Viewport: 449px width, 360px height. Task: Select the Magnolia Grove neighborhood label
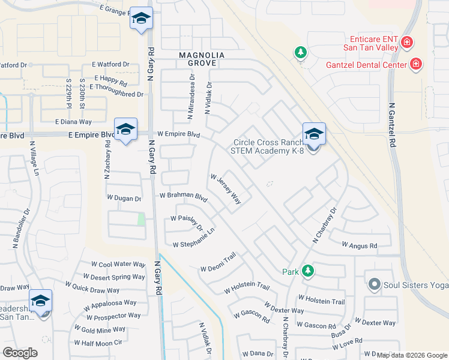[202, 59]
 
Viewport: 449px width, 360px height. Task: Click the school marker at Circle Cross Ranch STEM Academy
[314, 134]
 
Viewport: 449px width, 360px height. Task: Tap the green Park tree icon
[308, 271]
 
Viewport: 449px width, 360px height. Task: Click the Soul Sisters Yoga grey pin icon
[375, 283]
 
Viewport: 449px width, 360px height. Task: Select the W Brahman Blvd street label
[183, 196]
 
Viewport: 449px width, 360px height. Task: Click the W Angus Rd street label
[359, 245]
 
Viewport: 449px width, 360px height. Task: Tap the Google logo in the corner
[20, 353]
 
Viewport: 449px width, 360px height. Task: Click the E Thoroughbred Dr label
[116, 87]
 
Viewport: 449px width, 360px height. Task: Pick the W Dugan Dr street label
[124, 197]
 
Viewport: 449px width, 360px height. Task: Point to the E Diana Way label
[73, 121]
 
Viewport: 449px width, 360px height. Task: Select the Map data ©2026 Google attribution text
[411, 355]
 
